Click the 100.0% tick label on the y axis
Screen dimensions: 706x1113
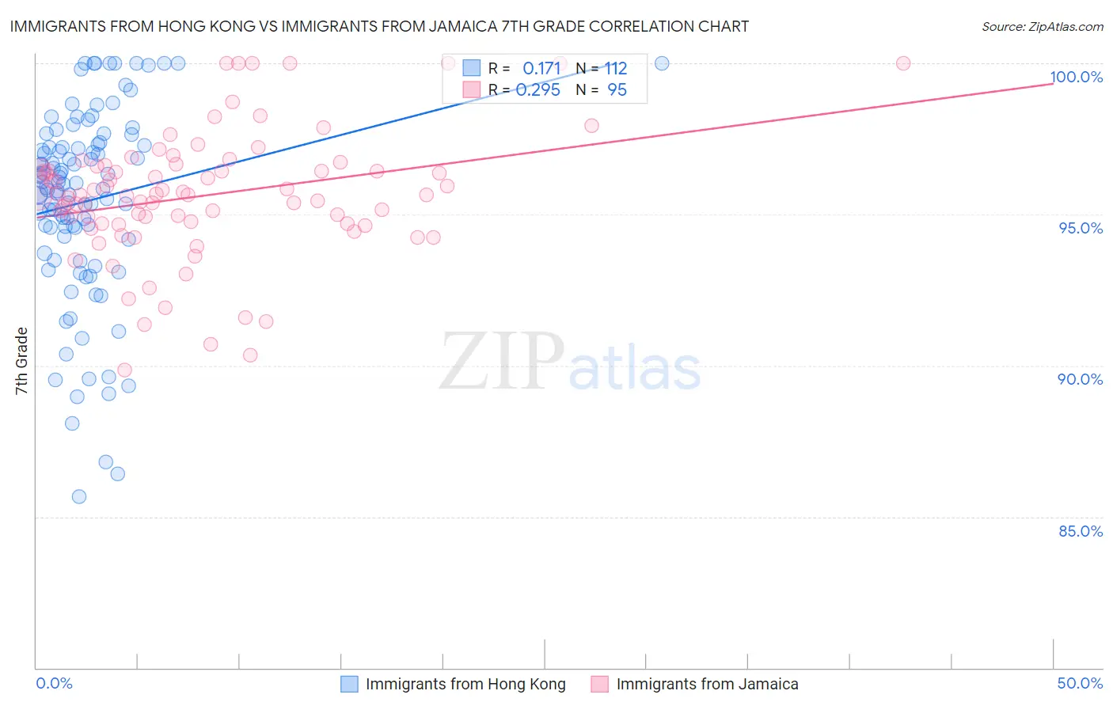click(1076, 77)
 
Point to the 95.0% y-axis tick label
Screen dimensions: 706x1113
click(1081, 228)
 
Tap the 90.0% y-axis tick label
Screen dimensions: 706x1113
click(1081, 379)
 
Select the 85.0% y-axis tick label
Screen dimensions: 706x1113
click(1081, 531)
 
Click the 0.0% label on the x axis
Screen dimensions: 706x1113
click(54, 683)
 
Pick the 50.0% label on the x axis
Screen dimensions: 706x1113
click(1080, 683)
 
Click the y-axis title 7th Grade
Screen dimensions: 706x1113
click(21, 361)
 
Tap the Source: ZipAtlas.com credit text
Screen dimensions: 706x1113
click(1042, 26)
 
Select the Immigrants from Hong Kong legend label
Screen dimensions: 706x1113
click(465, 684)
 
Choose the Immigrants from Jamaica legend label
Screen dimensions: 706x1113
click(707, 684)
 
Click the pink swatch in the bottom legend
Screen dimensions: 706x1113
click(599, 684)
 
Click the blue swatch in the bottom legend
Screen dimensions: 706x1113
click(349, 684)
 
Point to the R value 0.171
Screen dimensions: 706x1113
click(541, 69)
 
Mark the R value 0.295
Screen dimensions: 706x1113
click(538, 90)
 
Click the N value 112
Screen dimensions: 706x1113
click(616, 69)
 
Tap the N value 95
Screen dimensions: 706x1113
click(617, 90)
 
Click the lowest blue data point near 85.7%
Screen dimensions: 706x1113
click(79, 497)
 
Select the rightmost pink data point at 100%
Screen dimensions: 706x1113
click(903, 63)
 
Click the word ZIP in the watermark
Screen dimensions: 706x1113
click(502, 362)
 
